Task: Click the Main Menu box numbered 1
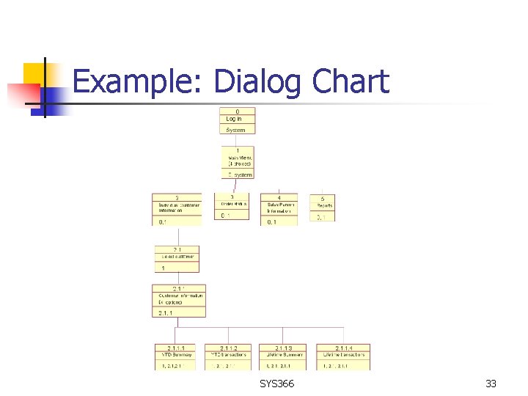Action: pos(238,162)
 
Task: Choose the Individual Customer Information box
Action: pos(176,210)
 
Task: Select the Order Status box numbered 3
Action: pos(234,206)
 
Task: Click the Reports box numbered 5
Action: pos(324,207)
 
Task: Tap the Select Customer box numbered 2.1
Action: pos(176,259)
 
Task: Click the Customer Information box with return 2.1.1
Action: pos(178,301)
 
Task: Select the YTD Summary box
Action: pos(175,356)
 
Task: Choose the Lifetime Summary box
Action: pos(282,356)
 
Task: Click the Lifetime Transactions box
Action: pos(342,356)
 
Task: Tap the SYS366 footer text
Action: pos(276,384)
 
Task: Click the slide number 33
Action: pos(491,384)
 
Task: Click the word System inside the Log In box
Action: pos(236,130)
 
